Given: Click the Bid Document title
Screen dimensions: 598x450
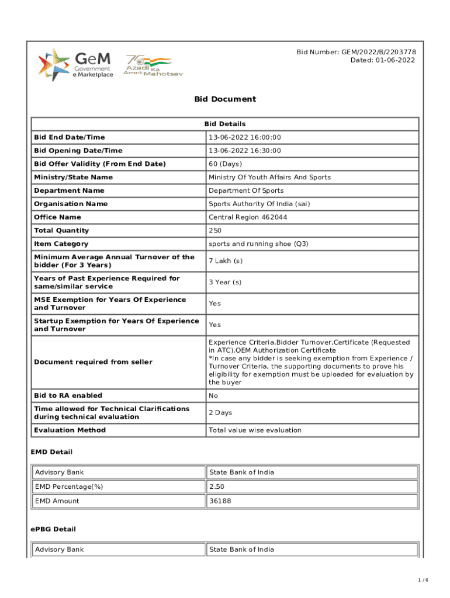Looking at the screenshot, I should point(225,99).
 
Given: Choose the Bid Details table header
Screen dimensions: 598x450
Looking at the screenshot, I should point(225,124).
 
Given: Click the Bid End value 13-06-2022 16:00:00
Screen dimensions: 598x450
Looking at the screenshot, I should point(245,137).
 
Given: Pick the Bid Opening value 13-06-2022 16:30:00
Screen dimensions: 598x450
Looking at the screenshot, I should point(245,151).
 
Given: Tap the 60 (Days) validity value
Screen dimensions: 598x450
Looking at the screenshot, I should point(225,164).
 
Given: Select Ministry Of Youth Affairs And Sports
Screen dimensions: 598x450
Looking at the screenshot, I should point(269,178).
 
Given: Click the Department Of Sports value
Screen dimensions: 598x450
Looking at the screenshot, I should point(246,191).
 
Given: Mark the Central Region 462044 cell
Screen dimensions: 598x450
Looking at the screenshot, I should point(248,218).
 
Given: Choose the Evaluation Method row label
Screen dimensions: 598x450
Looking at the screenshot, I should point(70,430).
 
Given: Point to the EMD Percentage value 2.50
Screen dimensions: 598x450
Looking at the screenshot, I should point(216,486).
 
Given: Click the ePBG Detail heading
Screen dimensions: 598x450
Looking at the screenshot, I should point(53,529).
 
